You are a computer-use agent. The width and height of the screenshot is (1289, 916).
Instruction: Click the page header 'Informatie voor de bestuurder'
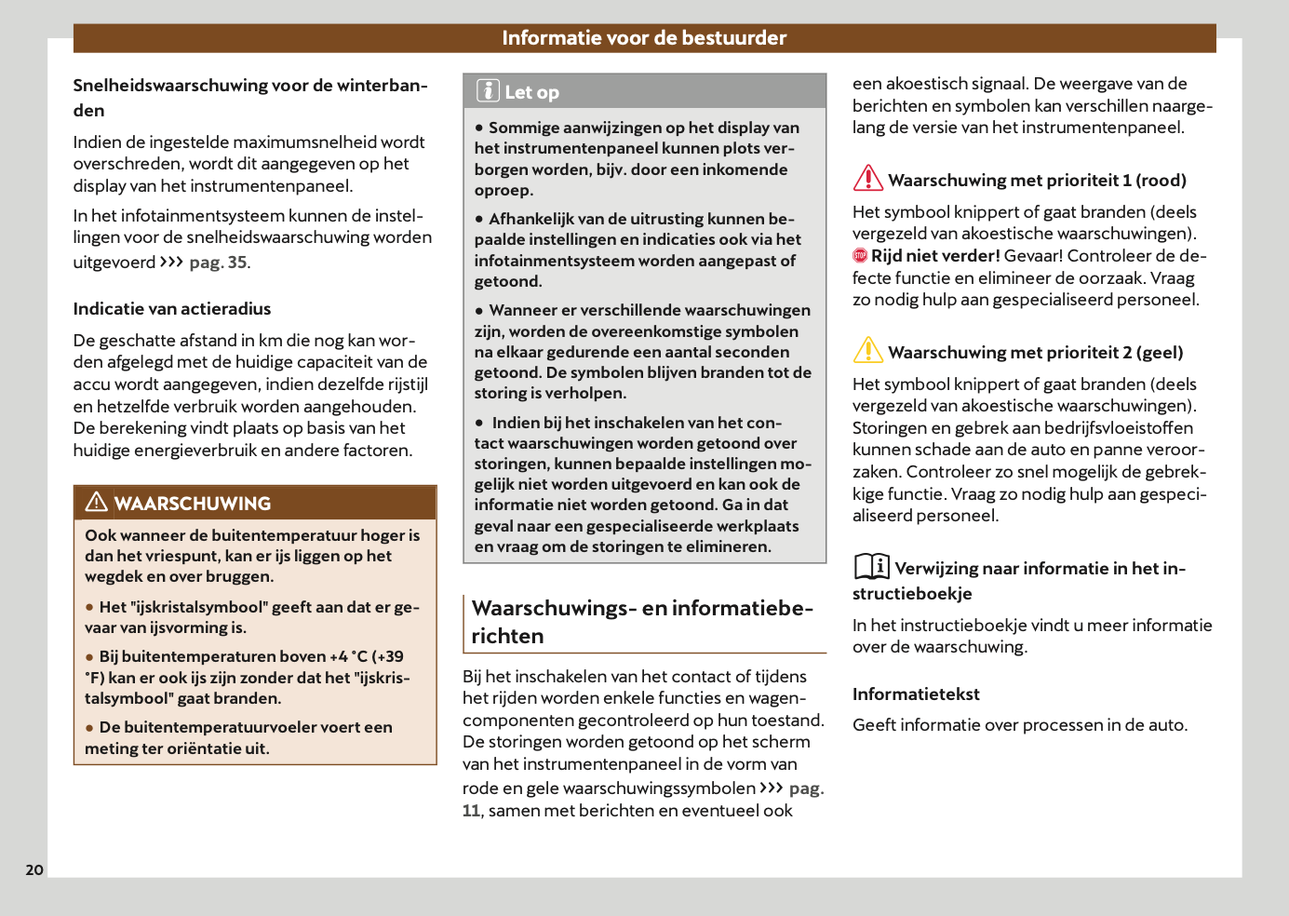(x=644, y=38)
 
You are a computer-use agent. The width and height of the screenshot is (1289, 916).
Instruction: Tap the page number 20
(x=34, y=869)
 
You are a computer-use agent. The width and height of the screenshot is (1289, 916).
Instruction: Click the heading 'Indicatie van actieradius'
(x=172, y=309)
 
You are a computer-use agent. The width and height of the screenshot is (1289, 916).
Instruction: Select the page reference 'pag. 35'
(x=219, y=263)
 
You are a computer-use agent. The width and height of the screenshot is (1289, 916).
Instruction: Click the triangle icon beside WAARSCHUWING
(x=96, y=503)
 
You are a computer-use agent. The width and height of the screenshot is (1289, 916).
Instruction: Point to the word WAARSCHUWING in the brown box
(x=193, y=504)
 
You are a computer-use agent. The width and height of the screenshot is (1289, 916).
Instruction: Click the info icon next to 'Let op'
(x=488, y=91)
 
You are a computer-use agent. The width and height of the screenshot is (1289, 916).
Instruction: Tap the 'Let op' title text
(x=531, y=92)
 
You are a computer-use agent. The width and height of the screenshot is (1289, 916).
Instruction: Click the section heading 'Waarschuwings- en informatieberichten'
(x=642, y=622)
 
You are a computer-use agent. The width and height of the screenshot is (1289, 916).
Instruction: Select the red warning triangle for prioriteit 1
(x=867, y=178)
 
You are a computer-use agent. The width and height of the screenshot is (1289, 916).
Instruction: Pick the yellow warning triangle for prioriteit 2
(x=867, y=350)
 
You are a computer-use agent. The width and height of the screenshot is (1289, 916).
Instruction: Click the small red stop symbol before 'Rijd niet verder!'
(x=860, y=256)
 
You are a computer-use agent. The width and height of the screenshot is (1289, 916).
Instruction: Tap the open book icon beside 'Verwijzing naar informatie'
(x=872, y=566)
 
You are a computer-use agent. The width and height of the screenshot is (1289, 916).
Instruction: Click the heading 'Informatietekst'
(x=916, y=694)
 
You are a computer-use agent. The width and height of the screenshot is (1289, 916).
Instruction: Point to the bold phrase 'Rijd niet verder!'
(x=935, y=256)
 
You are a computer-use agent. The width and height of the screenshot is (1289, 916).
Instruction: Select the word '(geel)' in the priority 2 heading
(x=1160, y=353)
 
